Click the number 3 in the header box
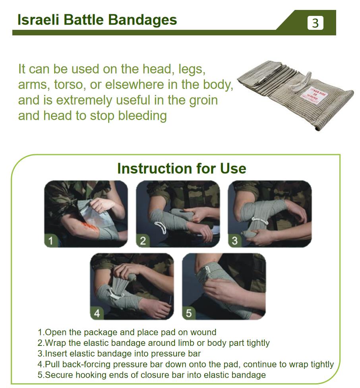315,23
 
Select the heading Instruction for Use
182,168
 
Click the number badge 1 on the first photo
50,240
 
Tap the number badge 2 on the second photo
143,240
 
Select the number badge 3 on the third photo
234,240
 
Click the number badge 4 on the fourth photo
97,313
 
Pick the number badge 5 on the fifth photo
188,313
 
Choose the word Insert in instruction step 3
56,354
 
